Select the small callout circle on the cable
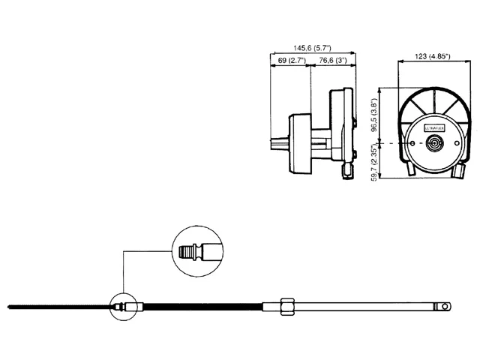[120, 306]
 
